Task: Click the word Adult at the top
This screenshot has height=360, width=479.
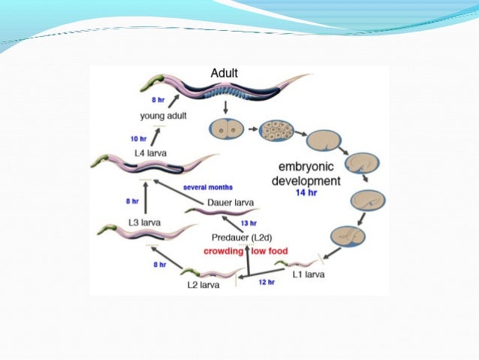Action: coord(224,73)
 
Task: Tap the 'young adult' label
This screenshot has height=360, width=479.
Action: coord(164,116)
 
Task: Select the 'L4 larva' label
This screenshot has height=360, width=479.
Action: coord(151,153)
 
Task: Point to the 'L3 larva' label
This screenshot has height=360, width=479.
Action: coord(145,222)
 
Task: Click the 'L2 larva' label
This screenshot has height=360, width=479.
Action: coord(203,286)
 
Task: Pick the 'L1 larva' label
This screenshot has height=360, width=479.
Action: coord(309,274)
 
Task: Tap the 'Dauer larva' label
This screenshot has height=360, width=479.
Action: coord(229,202)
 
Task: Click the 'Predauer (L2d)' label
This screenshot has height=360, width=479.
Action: coord(243,237)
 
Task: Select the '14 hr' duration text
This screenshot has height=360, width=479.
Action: coord(306,192)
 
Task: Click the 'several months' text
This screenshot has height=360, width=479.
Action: coord(208,186)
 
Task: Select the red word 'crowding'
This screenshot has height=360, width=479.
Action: coord(223,250)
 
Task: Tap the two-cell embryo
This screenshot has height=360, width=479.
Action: coord(227,129)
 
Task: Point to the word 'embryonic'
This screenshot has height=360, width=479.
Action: coord(306,168)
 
